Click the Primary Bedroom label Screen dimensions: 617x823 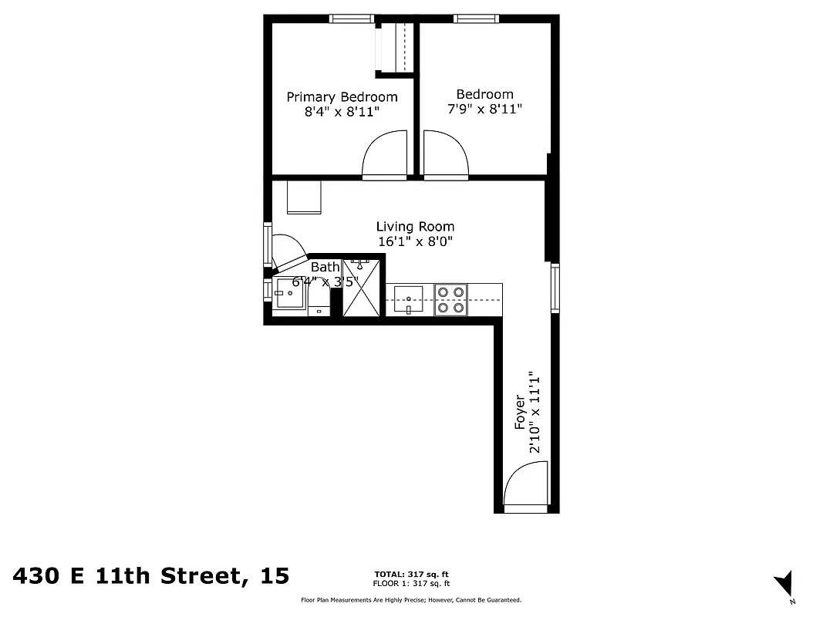coord(342,97)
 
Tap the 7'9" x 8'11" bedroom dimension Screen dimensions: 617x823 coord(484,110)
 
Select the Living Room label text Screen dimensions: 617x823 coord(415,227)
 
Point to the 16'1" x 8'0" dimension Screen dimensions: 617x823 coord(415,241)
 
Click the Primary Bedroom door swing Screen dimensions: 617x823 coord(384,154)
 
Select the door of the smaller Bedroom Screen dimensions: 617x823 coord(445,154)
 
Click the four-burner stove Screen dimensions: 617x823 coord(450,299)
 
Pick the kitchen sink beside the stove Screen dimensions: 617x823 coord(408,298)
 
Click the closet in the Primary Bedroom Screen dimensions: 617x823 coord(394,48)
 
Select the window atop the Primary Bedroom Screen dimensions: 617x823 coord(352,19)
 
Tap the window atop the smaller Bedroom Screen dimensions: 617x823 coord(477,19)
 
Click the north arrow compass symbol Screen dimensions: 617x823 coord(785,584)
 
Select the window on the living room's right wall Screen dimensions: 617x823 coord(555,288)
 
